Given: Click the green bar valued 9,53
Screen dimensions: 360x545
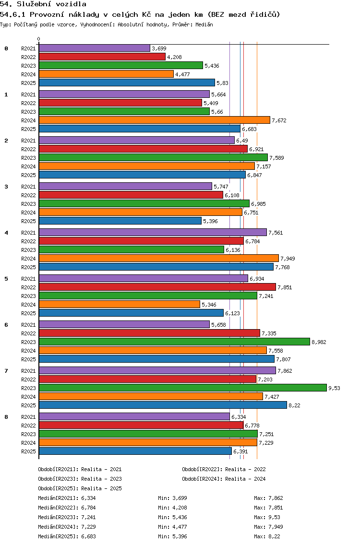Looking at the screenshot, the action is click(x=183, y=388).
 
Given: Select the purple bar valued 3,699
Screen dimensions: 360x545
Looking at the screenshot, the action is click(x=95, y=48).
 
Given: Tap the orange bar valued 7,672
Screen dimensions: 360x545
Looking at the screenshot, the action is click(x=155, y=120).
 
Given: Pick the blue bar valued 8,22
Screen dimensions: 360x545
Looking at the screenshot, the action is click(x=163, y=405).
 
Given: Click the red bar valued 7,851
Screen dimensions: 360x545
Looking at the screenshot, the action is click(x=157, y=287).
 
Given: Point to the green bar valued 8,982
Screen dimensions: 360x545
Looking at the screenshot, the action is click(x=174, y=342).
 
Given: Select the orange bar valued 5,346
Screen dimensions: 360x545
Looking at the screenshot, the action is click(x=120, y=305).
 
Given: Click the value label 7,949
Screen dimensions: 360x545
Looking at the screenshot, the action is click(x=288, y=259).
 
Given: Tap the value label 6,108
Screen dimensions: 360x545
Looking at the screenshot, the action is click(x=232, y=195).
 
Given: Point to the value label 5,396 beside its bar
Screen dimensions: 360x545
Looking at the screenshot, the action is click(x=210, y=221).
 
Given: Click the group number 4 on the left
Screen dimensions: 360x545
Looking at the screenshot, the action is click(x=6, y=233).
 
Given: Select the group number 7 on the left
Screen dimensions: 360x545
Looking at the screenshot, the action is click(x=6, y=371).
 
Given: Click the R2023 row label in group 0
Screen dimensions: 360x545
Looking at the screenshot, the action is click(x=28, y=66).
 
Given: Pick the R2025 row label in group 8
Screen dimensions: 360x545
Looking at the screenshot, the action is click(x=28, y=451).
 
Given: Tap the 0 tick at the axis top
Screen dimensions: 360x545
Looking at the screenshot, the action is click(x=38, y=39).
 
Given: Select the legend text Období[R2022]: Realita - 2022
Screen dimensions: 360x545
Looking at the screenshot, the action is click(x=224, y=469).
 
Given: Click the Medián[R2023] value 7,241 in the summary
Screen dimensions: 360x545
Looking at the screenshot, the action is click(x=88, y=517).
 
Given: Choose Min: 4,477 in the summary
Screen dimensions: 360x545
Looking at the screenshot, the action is click(x=172, y=527).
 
